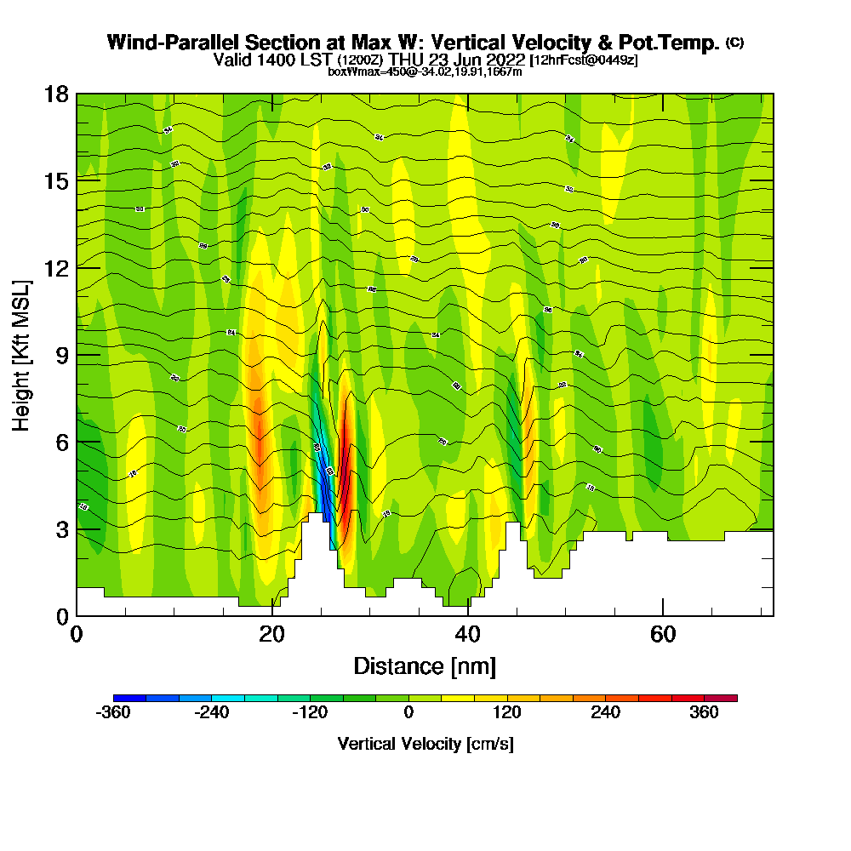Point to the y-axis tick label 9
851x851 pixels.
click(x=61, y=355)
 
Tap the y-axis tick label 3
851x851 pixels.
click(x=61, y=529)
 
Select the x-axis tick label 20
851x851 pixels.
click(x=271, y=635)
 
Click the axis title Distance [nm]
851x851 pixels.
click(x=425, y=665)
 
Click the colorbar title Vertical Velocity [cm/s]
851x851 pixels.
click(x=425, y=744)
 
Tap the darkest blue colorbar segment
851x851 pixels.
click(x=129, y=698)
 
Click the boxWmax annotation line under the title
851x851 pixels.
click(x=425, y=71)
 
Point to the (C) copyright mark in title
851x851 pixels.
click(x=734, y=42)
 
